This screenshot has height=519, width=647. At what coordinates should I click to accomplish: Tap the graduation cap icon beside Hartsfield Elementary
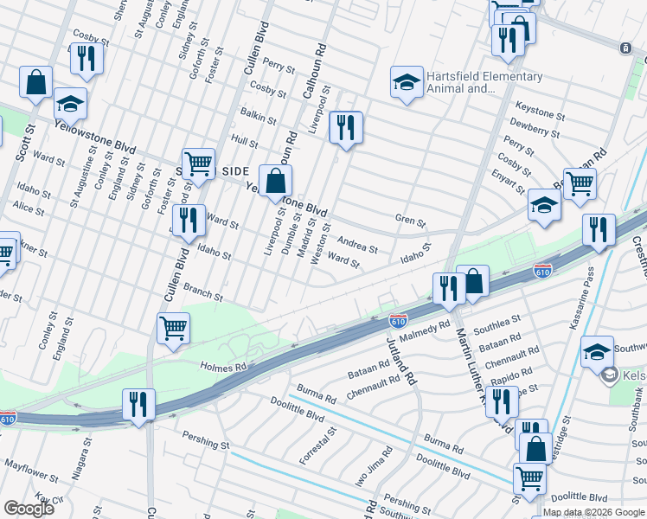[x=407, y=83]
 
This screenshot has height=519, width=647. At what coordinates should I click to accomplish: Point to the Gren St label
[x=411, y=222]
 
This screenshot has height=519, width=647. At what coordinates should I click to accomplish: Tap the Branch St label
[x=203, y=292]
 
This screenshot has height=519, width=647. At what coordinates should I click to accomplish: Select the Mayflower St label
[x=29, y=472]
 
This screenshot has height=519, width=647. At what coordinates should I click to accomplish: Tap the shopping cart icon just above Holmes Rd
[x=174, y=329]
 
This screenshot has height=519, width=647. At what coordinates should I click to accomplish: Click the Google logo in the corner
[x=29, y=508]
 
